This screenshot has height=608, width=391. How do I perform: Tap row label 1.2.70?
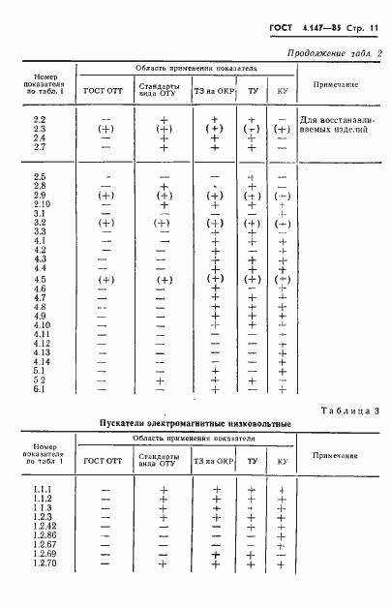coord(43,563)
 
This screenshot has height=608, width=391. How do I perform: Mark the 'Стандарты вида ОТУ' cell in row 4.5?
coord(164,279)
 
